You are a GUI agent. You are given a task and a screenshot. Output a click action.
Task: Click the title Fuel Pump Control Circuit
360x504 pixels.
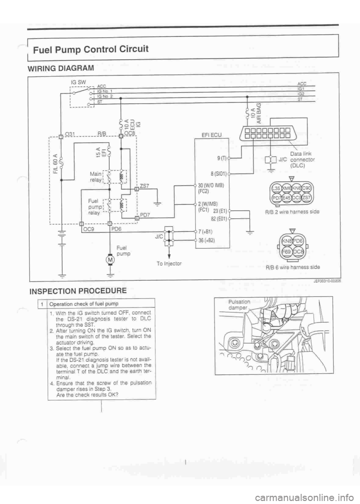[x=91, y=49]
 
